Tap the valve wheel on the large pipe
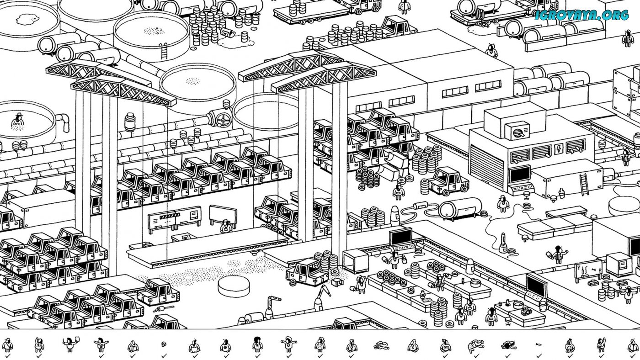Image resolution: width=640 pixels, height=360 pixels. pyautogui.click(x=223, y=120)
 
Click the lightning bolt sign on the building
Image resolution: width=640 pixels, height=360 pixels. pyautogui.click(x=559, y=149)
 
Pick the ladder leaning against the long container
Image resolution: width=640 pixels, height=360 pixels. pyautogui.click(x=584, y=184)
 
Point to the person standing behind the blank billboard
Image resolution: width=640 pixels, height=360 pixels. pyautogui.click(x=225, y=225)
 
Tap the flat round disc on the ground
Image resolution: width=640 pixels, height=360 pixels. pyautogui.click(x=234, y=286)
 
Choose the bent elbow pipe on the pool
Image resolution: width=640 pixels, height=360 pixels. pyautogui.click(x=63, y=122)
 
